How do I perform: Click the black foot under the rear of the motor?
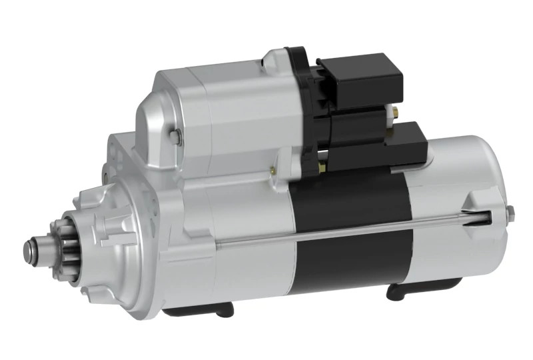tap(413, 291)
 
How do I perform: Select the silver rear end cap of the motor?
tap(460, 220)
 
